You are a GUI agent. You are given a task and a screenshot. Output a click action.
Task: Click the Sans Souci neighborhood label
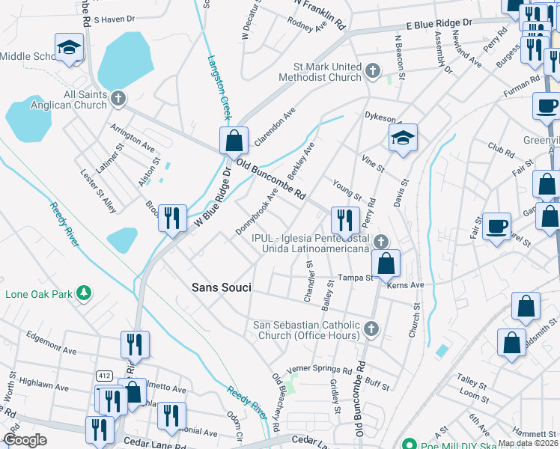coord(221,287)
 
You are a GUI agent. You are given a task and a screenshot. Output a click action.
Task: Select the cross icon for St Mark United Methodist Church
coord(372,72)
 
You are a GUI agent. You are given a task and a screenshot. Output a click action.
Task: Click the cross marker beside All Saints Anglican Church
coord(118,99)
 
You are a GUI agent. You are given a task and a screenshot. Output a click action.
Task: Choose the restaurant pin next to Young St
coord(345,219)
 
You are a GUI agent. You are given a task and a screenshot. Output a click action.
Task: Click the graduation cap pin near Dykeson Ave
coord(403,138)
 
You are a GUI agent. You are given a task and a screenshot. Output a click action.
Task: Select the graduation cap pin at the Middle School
coord(69,48)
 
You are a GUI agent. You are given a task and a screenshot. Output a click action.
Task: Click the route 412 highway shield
coord(104,374)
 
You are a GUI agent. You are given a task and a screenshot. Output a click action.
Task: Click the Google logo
coord(25,440)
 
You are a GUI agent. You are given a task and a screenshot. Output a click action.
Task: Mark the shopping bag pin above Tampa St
coord(386,263)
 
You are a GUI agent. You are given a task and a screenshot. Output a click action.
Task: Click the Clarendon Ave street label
coord(275,126)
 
